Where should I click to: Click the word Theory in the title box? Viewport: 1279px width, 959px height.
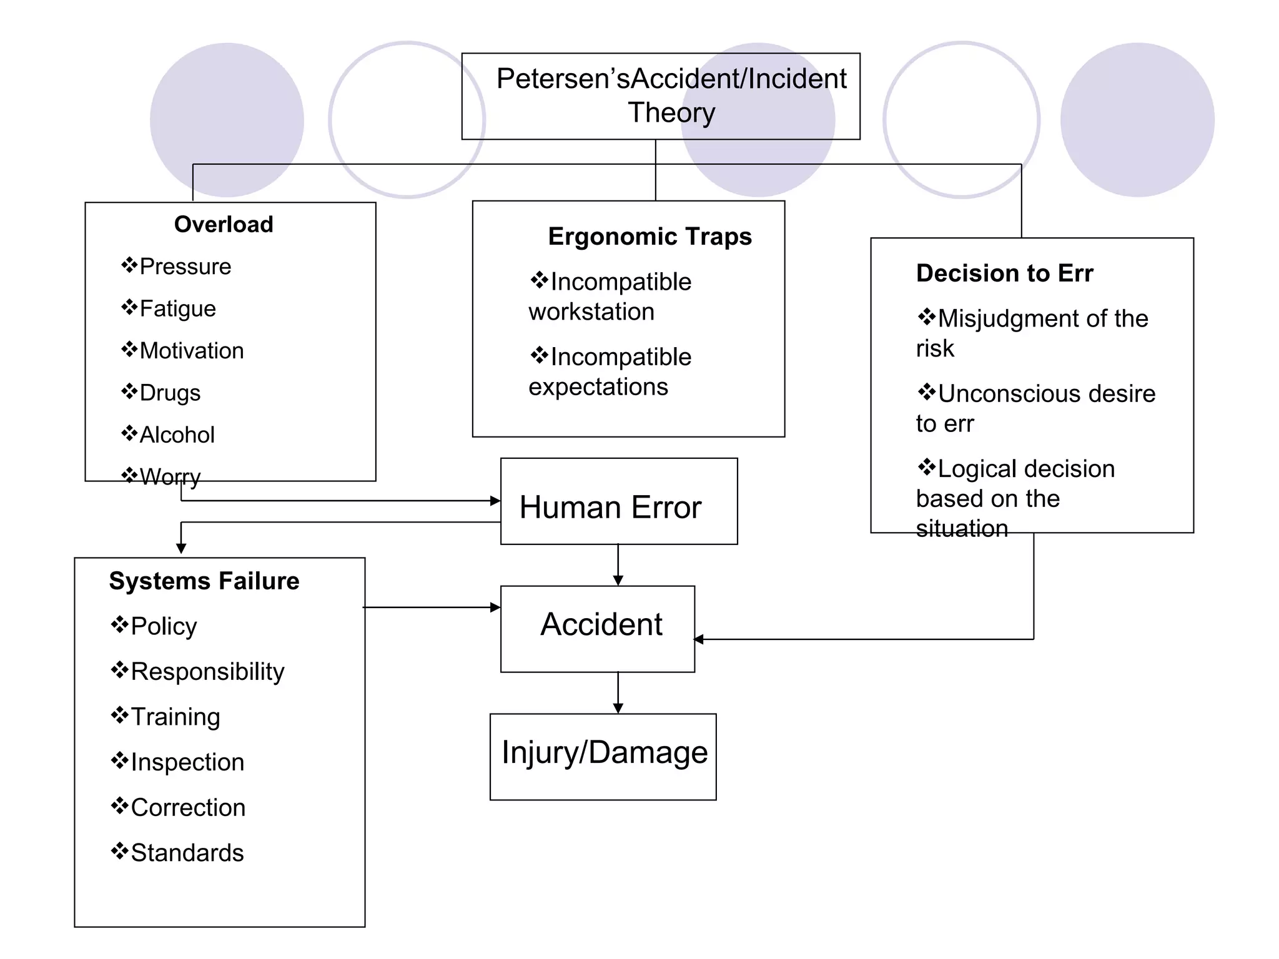pos(671,113)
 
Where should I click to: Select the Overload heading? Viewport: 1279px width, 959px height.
pos(224,224)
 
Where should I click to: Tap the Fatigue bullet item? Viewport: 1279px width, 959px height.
pos(177,308)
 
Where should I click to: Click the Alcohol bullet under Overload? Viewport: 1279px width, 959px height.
pos(177,435)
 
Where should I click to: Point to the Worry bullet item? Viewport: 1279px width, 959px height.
pos(170,477)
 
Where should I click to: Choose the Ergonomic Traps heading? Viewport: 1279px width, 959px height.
pos(649,237)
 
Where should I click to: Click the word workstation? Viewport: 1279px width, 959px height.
pos(591,312)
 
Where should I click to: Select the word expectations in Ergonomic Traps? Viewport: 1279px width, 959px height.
pos(598,387)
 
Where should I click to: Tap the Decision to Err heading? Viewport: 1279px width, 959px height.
pos(1004,273)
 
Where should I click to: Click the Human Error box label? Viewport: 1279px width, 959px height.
pos(610,507)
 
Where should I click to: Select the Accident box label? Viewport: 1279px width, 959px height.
pos(601,624)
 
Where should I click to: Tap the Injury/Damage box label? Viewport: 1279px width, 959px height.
pos(604,752)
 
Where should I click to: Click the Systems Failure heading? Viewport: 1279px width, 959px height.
pos(204,581)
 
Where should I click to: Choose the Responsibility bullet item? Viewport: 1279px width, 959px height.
pos(207,672)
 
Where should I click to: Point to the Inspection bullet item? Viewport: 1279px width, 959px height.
pos(187,762)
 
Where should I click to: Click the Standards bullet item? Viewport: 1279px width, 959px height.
pos(187,853)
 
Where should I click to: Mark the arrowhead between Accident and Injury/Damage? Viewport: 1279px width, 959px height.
pos(618,708)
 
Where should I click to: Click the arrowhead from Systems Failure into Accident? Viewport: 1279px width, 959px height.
pos(495,607)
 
